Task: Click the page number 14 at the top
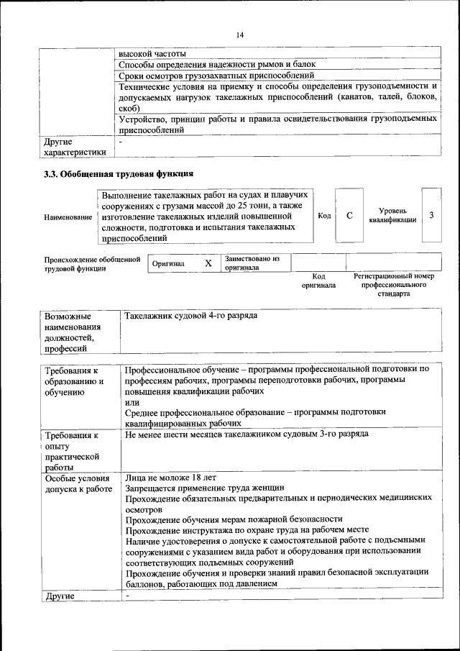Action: pyautogui.click(x=240, y=34)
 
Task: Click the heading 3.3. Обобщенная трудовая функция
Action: pyautogui.click(x=119, y=173)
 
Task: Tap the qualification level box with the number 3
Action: pyautogui.click(x=431, y=215)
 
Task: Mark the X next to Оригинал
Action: pyautogui.click(x=208, y=263)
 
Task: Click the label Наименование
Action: pyautogui.click(x=68, y=217)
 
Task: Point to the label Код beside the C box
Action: pyautogui.click(x=324, y=215)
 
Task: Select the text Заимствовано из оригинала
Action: pyautogui.click(x=252, y=263)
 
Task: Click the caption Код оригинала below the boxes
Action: pyautogui.click(x=319, y=281)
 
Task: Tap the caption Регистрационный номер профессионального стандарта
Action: pyautogui.click(x=393, y=285)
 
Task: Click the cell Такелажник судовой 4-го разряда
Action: pyautogui.click(x=190, y=316)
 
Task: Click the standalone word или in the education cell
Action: pyautogui.click(x=131, y=402)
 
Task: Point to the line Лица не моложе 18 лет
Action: pyautogui.click(x=170, y=478)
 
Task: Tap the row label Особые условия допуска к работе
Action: pyautogui.click(x=78, y=483)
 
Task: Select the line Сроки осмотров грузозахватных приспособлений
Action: pyautogui.click(x=216, y=75)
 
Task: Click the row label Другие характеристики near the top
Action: pyautogui.click(x=75, y=147)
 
